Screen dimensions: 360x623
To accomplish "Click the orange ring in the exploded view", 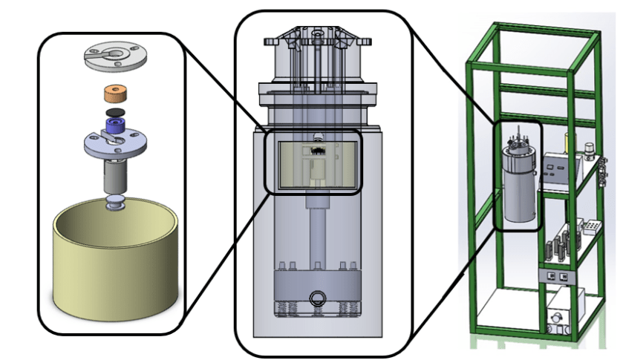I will tap(115, 96).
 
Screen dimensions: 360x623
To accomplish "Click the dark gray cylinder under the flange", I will tap(115, 176).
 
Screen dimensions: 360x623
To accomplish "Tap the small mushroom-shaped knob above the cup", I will tap(114, 203).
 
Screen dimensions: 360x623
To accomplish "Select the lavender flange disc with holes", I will tap(97, 145).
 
